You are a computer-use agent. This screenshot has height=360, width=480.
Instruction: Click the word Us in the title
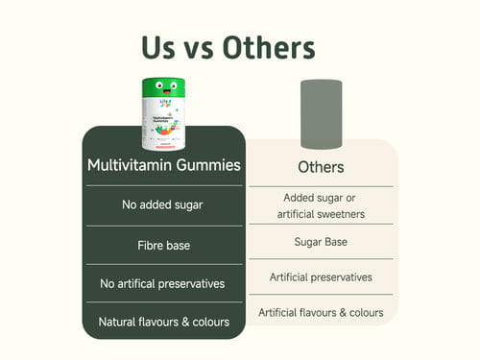158,48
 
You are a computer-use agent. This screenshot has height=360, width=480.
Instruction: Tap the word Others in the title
269,47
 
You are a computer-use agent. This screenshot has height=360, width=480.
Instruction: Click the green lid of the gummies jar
163,88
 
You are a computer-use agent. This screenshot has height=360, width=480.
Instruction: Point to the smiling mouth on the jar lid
167,92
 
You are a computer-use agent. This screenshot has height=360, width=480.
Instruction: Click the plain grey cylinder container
322,114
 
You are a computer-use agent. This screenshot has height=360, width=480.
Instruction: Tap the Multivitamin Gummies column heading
164,165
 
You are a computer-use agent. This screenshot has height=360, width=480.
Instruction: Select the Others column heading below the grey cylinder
321,167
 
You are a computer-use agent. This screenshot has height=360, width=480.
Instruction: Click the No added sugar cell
162,204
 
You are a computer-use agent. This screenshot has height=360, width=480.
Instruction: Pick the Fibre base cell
164,246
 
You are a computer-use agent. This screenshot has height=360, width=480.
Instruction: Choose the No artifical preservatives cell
162,283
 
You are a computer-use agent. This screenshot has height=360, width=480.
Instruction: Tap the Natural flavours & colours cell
164,322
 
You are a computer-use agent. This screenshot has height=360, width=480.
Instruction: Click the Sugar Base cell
321,242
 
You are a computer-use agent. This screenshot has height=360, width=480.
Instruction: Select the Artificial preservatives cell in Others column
321,277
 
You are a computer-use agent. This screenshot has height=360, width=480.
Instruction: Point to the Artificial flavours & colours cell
321,312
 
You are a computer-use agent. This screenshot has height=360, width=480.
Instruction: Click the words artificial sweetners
321,214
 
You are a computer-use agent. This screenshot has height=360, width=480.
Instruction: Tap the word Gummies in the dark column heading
208,165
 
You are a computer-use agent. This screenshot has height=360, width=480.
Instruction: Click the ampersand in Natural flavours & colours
185,322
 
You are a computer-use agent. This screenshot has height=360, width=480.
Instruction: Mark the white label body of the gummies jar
163,124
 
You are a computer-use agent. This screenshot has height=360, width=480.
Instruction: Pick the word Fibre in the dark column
147,246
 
